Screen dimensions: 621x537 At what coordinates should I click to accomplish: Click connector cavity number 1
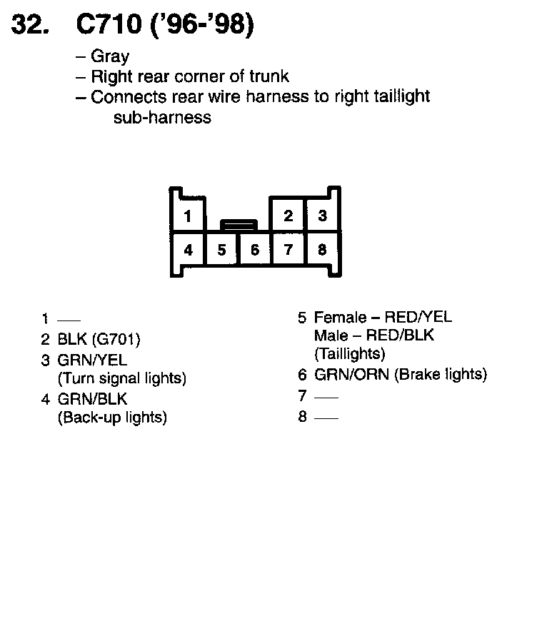pyautogui.click(x=187, y=216)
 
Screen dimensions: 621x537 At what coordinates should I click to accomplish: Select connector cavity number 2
pyautogui.click(x=288, y=216)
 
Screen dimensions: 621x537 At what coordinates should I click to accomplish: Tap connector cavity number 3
pyautogui.click(x=322, y=216)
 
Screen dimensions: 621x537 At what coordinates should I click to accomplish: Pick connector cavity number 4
pyautogui.click(x=188, y=250)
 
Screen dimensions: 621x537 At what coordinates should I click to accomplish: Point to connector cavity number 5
pyautogui.click(x=222, y=250)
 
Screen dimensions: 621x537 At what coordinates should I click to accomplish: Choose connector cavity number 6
pyautogui.click(x=254, y=250)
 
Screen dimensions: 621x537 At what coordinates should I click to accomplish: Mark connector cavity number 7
pyautogui.click(x=288, y=250)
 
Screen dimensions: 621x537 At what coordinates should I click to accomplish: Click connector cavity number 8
pyautogui.click(x=322, y=250)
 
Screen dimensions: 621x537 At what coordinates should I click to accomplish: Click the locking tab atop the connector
pyautogui.click(x=239, y=226)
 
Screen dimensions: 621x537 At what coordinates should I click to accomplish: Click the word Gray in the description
pyautogui.click(x=110, y=56)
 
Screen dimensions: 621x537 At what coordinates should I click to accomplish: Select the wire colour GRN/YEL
pyautogui.click(x=92, y=360)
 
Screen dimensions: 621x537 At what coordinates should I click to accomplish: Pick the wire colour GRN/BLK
pyautogui.click(x=92, y=400)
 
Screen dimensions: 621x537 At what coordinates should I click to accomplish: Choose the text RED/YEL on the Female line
pyautogui.click(x=418, y=318)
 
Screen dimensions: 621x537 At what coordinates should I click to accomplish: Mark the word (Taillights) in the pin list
pyautogui.click(x=350, y=353)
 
